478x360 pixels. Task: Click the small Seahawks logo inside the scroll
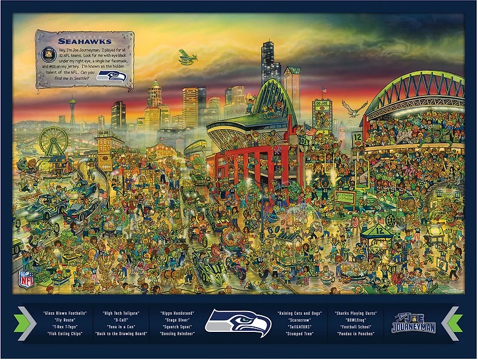(112, 76)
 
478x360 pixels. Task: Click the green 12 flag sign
(358, 138)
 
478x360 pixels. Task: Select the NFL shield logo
(26, 279)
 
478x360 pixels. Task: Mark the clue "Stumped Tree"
(299, 334)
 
